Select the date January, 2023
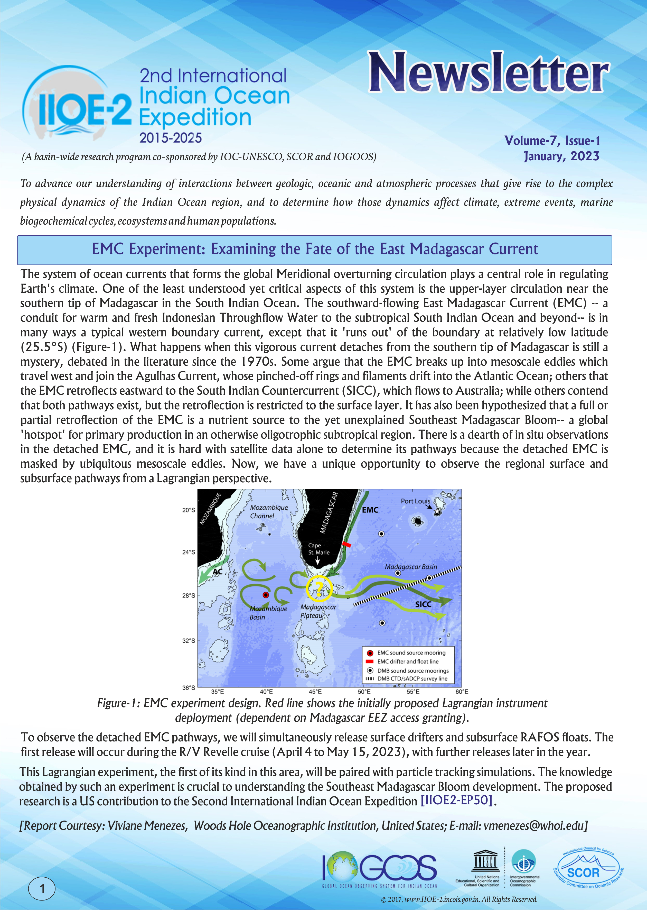561,156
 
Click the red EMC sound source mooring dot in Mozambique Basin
266,595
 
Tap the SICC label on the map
423,604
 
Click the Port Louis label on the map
415,501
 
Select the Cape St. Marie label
318,549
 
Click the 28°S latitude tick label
189,595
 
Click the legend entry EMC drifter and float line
408,661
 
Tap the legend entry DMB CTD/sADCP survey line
412,678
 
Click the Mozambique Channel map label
268,511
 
